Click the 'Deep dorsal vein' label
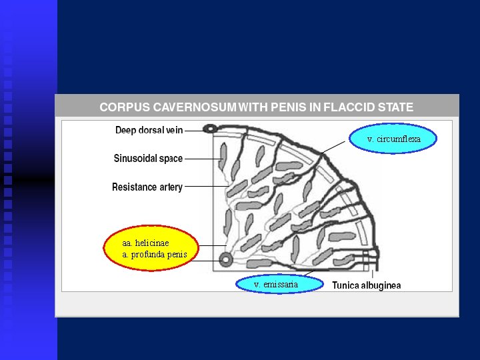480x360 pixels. (x=149, y=130)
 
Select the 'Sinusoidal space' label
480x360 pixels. (x=148, y=159)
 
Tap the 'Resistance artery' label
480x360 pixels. (x=147, y=187)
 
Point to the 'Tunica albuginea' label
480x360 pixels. (x=367, y=285)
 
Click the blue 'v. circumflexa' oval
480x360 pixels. (x=393, y=139)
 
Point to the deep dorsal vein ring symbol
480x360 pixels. (x=211, y=129)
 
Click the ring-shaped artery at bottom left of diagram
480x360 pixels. (x=226, y=257)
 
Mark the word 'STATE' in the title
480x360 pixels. (x=396, y=107)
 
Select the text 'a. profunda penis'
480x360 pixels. (x=155, y=255)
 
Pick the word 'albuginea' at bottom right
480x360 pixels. (x=380, y=285)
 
